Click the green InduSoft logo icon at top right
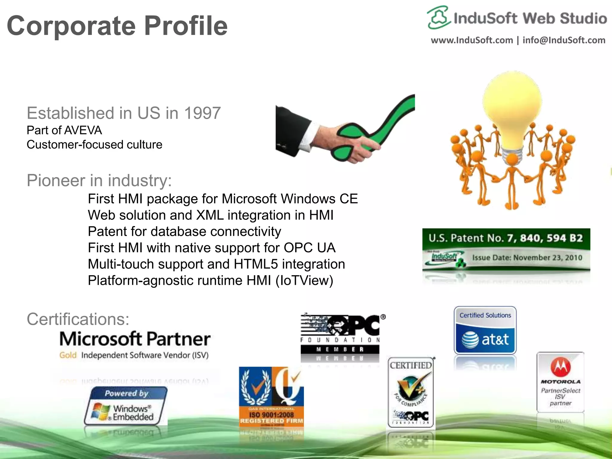(438, 18)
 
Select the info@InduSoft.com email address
(564, 40)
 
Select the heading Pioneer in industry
(99, 180)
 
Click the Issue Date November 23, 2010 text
(527, 258)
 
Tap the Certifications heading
(78, 319)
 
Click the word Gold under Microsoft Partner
(68, 355)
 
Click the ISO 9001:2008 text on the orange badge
(271, 415)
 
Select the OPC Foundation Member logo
(341, 335)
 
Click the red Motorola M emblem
(560, 367)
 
